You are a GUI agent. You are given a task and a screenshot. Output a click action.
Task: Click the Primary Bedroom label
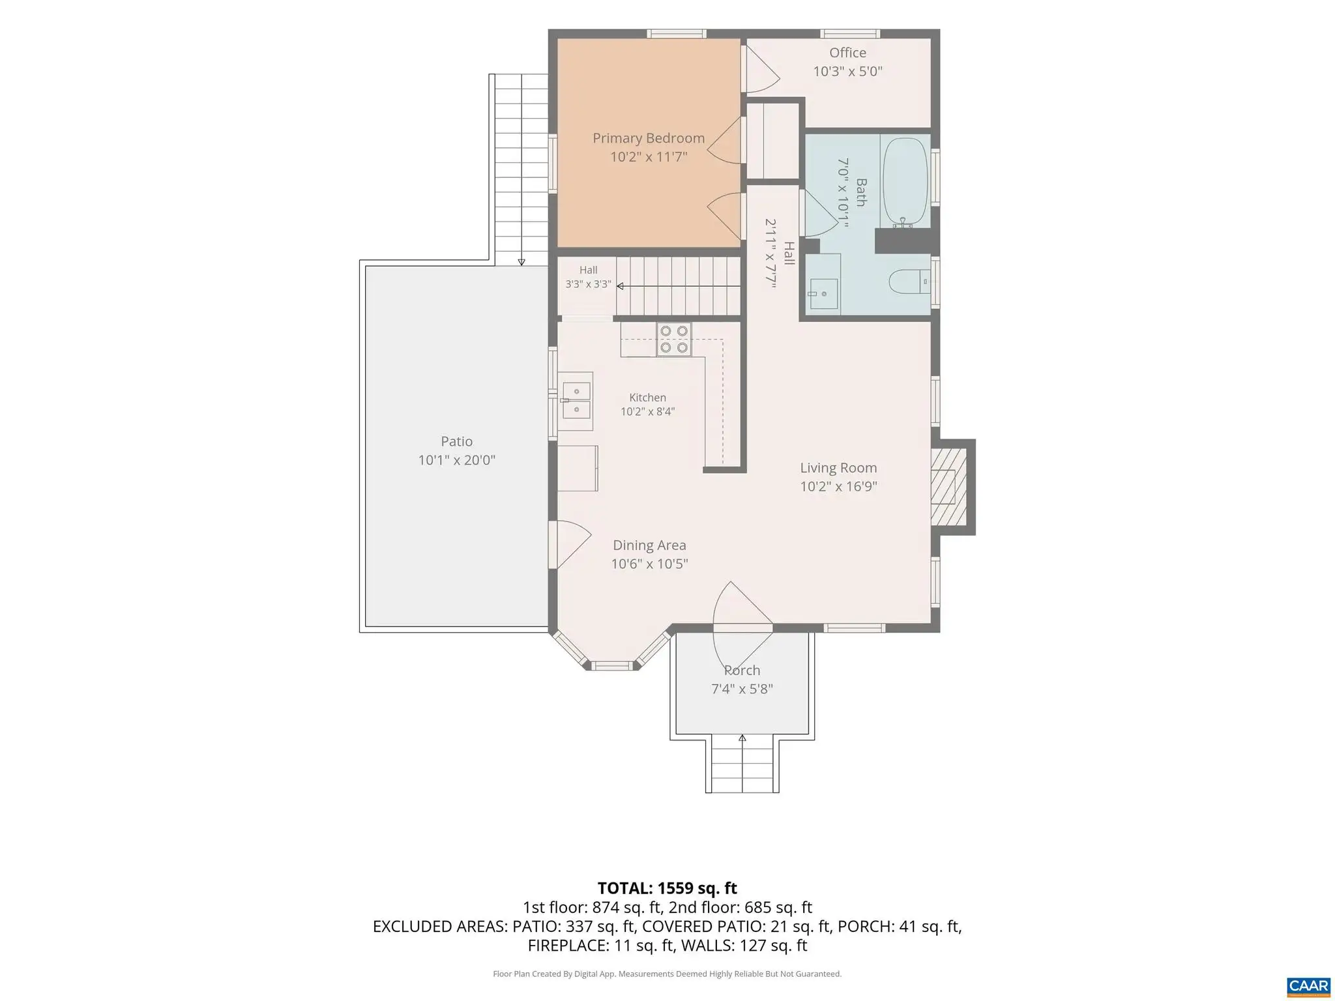click(649, 138)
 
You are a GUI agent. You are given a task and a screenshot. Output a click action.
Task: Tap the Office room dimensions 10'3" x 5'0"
click(847, 71)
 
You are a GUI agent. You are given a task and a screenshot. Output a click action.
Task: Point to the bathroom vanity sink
click(823, 293)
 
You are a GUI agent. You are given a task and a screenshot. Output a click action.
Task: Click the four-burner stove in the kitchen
click(674, 340)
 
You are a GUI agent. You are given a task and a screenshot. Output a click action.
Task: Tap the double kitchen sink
click(577, 400)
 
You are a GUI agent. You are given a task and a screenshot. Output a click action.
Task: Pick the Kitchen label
click(647, 398)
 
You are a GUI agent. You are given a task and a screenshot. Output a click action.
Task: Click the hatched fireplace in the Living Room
click(946, 487)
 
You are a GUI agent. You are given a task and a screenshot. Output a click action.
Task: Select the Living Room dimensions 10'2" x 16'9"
click(838, 486)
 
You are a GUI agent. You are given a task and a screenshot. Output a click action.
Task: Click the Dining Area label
click(649, 545)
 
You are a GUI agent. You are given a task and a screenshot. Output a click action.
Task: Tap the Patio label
click(456, 441)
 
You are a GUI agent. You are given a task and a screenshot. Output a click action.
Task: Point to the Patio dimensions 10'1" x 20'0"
click(456, 460)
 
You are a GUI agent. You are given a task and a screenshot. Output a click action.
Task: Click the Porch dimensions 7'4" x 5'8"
click(742, 689)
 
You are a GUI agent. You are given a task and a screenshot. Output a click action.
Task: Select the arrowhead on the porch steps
click(742, 738)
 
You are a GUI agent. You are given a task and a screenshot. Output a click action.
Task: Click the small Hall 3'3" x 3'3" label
click(588, 277)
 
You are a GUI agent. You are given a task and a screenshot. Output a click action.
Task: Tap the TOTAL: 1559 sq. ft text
click(667, 888)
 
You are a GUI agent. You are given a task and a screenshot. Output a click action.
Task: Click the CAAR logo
click(1309, 985)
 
